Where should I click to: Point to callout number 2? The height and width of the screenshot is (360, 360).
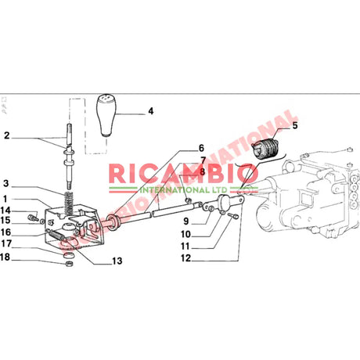pyautogui.click(x=7, y=136)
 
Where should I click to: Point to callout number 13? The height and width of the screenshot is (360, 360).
pyautogui.click(x=117, y=261)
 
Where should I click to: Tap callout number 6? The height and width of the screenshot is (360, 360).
pyautogui.click(x=201, y=149)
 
